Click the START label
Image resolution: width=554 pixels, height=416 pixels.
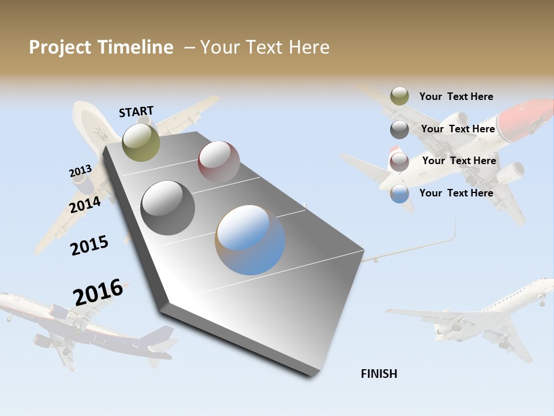136,112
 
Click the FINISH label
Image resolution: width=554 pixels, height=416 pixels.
379,374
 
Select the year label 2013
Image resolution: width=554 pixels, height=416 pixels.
80,171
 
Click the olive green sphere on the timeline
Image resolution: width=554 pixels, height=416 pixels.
141,142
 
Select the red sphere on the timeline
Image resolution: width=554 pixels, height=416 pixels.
219,161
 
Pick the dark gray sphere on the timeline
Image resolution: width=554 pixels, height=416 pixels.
168,207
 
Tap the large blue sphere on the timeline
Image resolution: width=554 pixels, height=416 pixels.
250,240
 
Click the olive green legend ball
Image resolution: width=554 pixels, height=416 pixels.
399,96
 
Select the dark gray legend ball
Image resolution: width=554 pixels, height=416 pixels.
399,129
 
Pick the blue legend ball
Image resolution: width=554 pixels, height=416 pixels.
399,194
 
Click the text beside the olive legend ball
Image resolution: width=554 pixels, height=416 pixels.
456,96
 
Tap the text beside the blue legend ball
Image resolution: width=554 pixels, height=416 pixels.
456,193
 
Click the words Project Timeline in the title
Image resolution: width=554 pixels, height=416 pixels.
101,47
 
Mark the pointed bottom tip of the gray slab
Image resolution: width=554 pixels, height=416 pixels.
312,374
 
